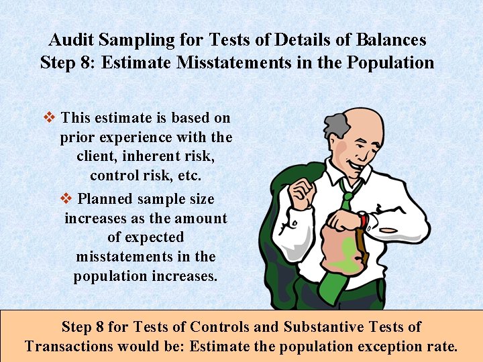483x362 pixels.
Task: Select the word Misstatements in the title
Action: (226, 63)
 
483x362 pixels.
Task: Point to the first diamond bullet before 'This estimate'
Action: (48, 117)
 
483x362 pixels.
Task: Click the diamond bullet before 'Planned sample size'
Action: (66, 198)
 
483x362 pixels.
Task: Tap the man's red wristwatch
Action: (363, 219)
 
